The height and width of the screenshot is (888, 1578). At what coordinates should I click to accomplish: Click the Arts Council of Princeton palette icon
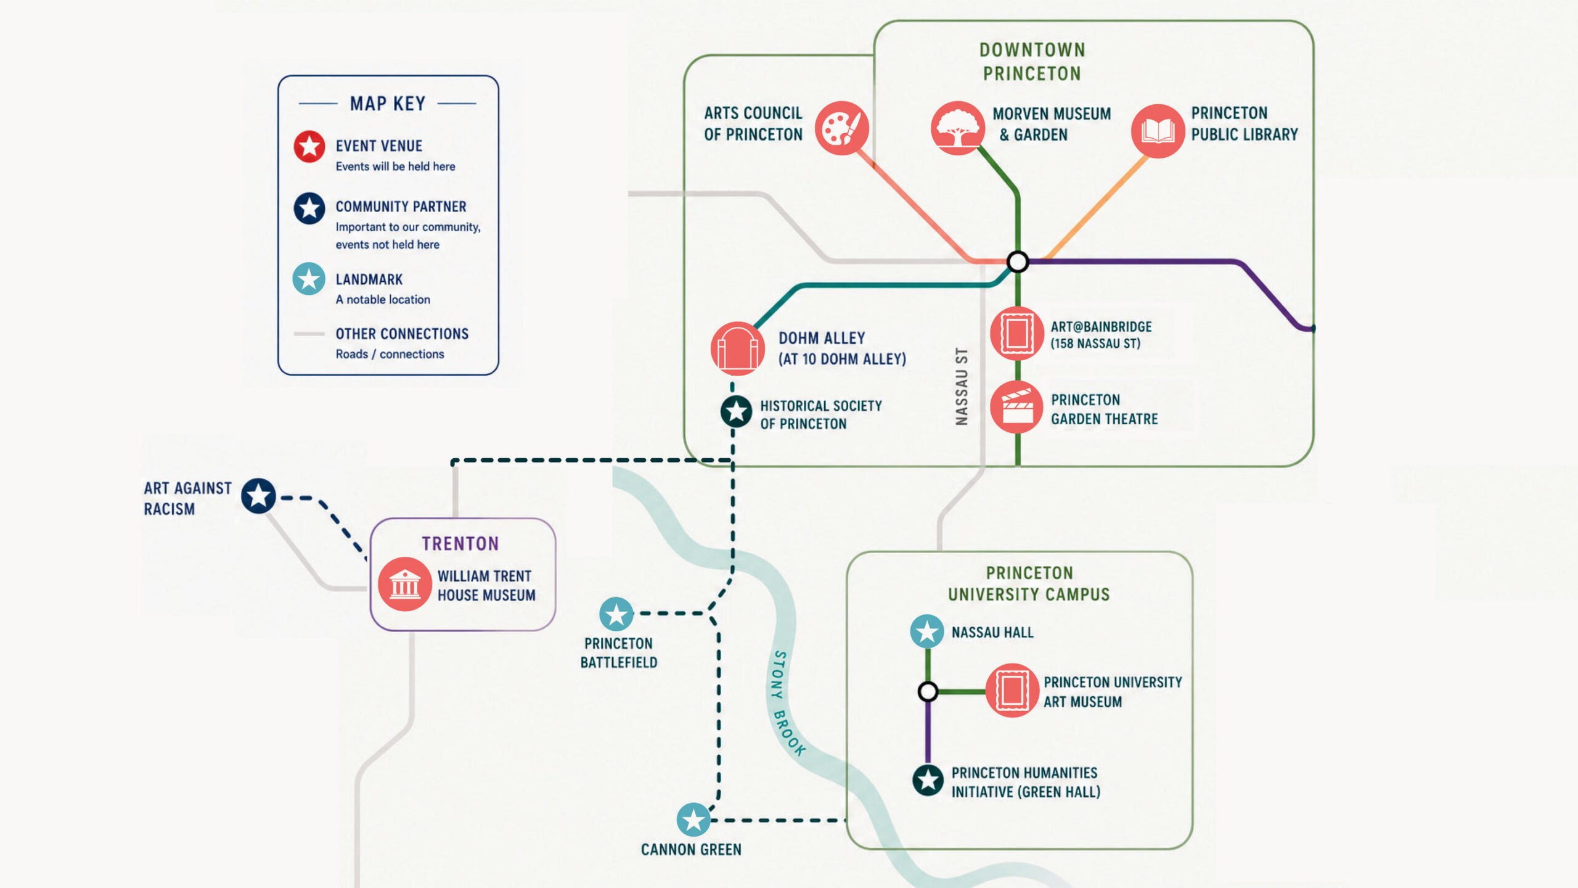842,128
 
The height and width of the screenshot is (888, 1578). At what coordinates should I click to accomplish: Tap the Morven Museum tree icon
957,128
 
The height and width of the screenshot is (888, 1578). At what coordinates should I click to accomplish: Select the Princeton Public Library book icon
1158,131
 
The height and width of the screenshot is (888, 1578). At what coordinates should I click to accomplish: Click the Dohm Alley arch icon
737,348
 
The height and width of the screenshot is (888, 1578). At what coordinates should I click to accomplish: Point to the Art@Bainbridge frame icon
1017,334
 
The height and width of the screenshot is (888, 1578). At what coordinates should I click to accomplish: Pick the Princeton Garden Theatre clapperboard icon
1017,407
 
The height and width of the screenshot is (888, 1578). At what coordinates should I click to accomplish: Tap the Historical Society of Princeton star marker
736,411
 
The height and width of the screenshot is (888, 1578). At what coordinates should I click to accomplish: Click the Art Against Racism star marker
258,496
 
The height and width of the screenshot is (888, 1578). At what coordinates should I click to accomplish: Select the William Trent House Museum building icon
405,584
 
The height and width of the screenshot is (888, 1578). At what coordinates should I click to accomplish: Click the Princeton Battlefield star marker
616,614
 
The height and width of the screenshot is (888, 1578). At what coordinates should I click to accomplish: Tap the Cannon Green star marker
693,820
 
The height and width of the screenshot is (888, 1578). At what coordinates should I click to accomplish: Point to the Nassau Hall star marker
927,631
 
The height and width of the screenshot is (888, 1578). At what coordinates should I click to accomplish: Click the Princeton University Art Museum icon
1012,690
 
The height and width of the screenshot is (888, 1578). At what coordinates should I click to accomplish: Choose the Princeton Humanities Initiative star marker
928,781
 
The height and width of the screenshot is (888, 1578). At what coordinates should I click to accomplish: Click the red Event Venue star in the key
309,147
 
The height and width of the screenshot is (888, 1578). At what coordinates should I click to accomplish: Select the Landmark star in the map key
309,279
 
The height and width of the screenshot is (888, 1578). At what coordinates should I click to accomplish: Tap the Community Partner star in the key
309,208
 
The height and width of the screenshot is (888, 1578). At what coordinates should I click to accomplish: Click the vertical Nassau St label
962,387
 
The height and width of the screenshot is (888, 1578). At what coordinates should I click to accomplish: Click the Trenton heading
460,543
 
